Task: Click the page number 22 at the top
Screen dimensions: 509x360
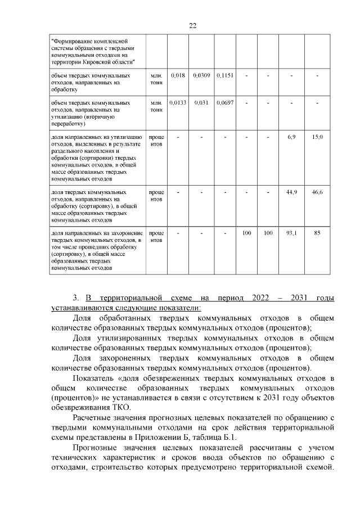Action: tap(192, 26)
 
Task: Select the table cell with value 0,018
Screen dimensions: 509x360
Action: tap(178, 75)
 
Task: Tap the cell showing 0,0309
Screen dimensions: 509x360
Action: tap(201, 75)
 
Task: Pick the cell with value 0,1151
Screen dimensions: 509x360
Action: tap(224, 75)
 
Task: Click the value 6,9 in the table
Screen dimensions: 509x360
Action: tap(291, 137)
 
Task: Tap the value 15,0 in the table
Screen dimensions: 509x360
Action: tap(317, 137)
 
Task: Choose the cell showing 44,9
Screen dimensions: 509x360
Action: tap(291, 192)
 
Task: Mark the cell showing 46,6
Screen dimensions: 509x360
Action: tap(317, 192)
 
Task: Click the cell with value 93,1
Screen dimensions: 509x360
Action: tap(291, 233)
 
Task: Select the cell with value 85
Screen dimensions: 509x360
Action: tap(317, 233)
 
